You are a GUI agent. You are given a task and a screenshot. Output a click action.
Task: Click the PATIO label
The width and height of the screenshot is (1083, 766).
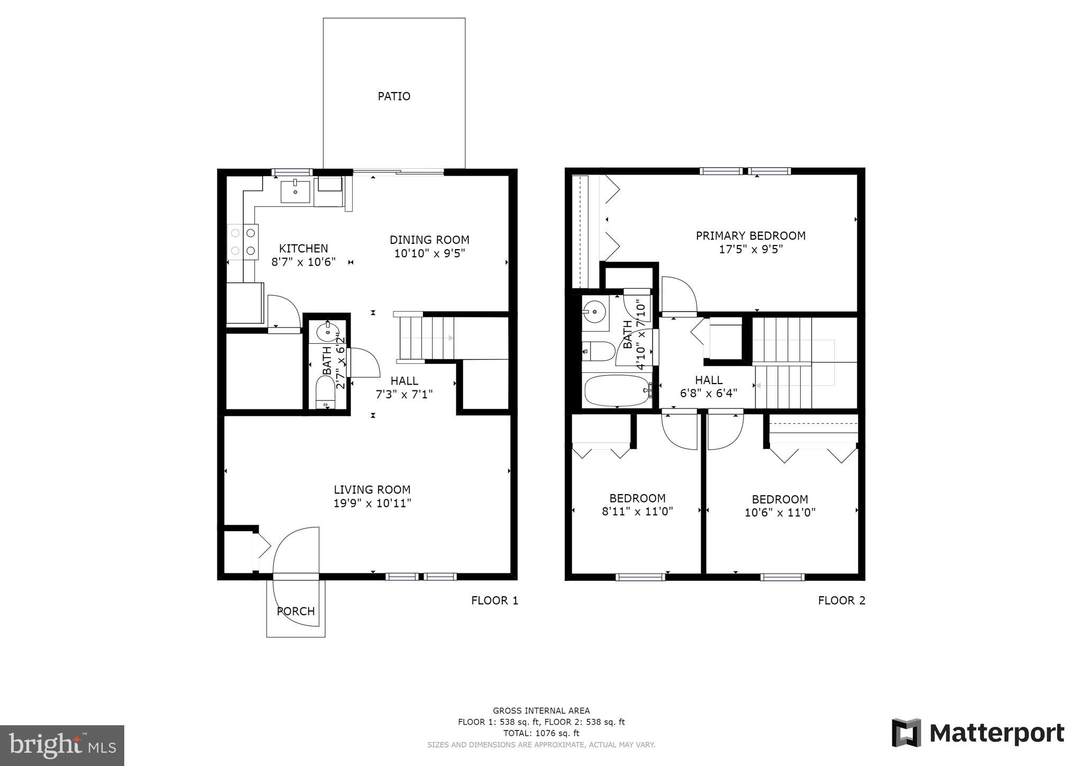pos(394,96)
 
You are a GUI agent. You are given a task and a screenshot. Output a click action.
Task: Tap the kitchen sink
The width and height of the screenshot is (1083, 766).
pos(295,190)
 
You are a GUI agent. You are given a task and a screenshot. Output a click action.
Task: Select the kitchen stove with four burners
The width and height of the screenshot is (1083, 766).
pos(243,241)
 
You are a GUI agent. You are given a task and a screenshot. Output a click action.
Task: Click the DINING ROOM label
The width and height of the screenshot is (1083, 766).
pos(429,240)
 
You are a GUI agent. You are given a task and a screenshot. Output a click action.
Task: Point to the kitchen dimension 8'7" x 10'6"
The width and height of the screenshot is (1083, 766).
pos(304,262)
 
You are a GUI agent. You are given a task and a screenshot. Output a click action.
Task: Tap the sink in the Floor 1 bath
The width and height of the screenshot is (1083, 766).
pos(327,333)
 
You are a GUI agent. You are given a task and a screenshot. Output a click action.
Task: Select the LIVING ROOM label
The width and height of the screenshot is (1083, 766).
pos(372,490)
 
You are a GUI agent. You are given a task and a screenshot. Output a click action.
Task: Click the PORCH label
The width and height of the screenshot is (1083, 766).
pos(296,612)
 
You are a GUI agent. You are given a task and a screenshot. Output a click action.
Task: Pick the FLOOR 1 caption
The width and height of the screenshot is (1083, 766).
pos(494,600)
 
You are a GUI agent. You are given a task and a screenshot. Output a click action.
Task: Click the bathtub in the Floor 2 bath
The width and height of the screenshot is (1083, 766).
pos(617,390)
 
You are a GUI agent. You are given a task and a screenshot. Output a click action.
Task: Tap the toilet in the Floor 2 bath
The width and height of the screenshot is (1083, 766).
pos(598,350)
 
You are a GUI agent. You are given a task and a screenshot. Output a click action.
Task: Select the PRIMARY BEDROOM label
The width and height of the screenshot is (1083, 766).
pos(750,236)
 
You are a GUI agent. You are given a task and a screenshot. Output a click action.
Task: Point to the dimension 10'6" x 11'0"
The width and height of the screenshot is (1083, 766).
pos(780,513)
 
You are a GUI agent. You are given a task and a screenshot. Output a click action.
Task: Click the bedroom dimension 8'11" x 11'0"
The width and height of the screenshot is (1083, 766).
pos(637,512)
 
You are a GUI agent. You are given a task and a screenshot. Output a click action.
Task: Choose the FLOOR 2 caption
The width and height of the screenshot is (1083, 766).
pos(841,600)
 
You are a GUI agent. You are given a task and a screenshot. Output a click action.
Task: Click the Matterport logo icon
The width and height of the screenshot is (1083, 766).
pos(906,733)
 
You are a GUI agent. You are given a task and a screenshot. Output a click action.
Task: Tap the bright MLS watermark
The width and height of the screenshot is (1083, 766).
pos(62,745)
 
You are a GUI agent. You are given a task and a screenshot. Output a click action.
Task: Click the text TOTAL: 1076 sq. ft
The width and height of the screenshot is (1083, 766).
pos(541,733)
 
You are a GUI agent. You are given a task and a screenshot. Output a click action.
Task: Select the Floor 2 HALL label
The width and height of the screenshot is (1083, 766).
pos(709,380)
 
